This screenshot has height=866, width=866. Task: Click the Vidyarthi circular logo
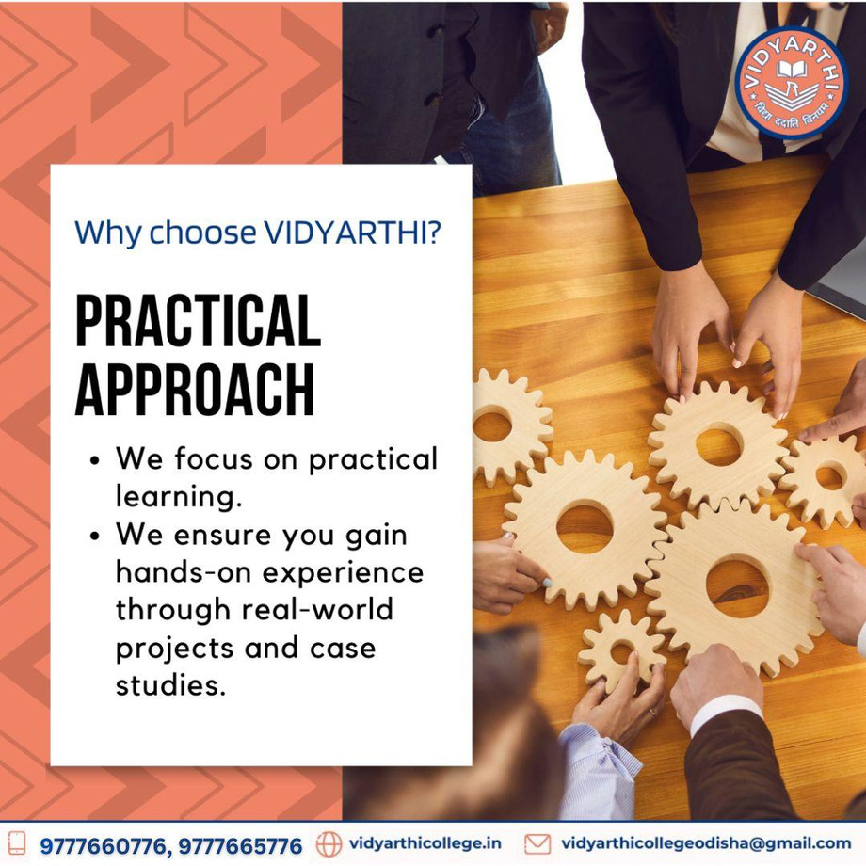[791, 83]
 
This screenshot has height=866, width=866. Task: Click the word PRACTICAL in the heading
[198, 322]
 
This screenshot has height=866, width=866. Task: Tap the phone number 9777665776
[241, 845]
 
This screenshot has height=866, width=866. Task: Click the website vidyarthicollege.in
[425, 843]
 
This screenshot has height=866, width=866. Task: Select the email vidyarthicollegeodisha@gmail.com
[706, 843]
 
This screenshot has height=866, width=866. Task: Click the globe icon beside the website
[329, 843]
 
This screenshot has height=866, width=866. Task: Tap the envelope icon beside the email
[537, 843]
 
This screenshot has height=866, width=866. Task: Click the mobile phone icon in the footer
[17, 843]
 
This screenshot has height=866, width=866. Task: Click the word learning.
[171, 497]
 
